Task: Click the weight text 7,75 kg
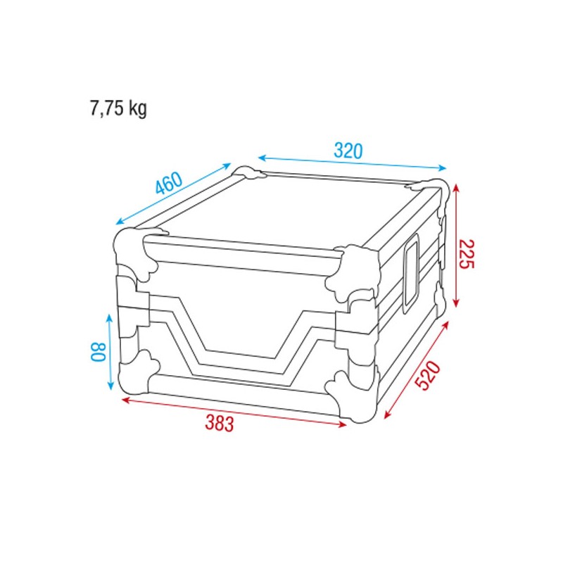click(118, 108)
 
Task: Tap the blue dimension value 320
click(348, 151)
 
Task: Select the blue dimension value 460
click(170, 184)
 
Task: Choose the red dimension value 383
click(220, 423)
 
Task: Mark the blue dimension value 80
click(99, 351)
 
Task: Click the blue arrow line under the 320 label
click(352, 163)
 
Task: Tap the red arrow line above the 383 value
click(236, 412)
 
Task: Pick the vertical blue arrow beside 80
click(110, 351)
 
